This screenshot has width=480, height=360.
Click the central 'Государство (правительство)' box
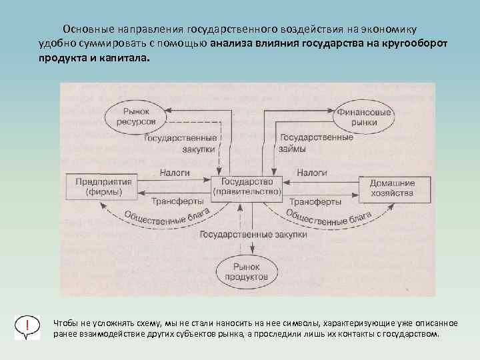(x=246, y=186)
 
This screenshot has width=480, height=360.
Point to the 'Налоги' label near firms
(x=175, y=173)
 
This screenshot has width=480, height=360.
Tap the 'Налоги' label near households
(x=311, y=173)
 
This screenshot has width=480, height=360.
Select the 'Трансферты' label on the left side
(x=177, y=201)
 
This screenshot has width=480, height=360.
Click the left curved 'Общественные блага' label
(x=170, y=219)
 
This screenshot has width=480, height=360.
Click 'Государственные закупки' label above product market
(x=253, y=235)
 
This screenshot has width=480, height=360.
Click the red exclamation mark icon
(x=27, y=326)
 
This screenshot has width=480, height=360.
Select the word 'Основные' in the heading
(x=88, y=30)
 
